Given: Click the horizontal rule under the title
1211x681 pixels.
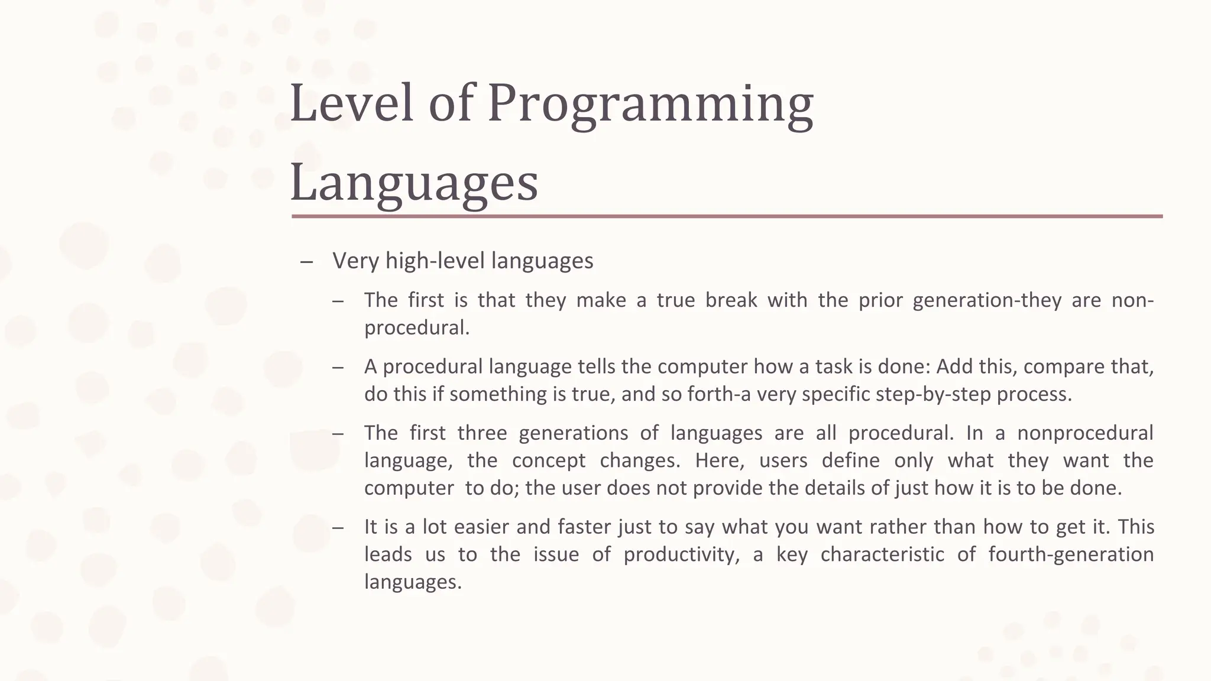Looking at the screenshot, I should tap(727, 216).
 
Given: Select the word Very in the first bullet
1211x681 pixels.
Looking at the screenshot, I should tap(355, 261).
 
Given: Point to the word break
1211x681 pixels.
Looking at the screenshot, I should tap(731, 300).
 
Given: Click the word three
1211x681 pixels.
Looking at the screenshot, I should tap(482, 433).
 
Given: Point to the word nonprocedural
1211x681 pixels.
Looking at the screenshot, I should tap(1084, 433).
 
